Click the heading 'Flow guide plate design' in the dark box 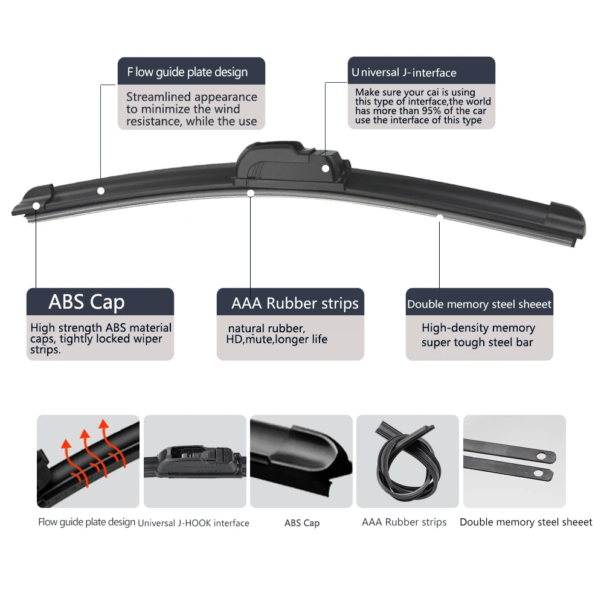(187, 72)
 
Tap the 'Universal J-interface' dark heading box (421, 71)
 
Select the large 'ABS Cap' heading (86, 302)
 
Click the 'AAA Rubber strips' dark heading (295, 303)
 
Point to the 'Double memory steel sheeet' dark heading (479, 304)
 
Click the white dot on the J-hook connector (326, 169)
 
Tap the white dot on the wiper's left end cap (36, 205)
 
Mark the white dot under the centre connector (251, 193)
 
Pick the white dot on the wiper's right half (440, 217)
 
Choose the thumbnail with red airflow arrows (88, 461)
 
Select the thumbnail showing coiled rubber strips (408, 461)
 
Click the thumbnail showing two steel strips (514, 461)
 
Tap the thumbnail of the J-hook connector (194, 461)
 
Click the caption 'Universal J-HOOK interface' (193, 523)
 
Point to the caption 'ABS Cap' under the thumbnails (301, 523)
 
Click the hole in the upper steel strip (542, 455)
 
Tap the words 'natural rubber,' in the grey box (266, 329)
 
